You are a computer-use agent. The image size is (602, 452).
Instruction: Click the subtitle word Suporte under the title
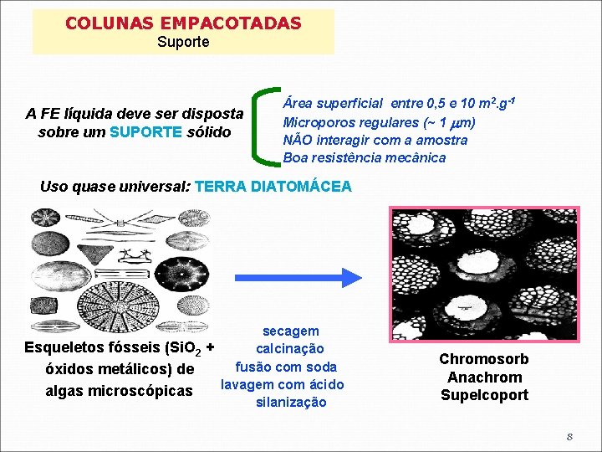183,41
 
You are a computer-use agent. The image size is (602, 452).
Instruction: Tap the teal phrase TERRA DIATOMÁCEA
273,186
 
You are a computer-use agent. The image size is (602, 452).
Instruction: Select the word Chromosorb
484,360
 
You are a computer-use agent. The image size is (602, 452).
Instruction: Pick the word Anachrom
484,378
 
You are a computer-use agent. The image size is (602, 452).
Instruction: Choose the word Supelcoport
484,395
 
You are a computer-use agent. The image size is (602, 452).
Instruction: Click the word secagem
290,331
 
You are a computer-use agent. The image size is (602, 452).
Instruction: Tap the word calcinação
290,349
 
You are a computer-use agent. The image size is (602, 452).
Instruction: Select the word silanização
290,403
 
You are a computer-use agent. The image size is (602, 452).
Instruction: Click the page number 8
569,436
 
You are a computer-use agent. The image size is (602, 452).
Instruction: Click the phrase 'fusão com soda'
286,367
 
